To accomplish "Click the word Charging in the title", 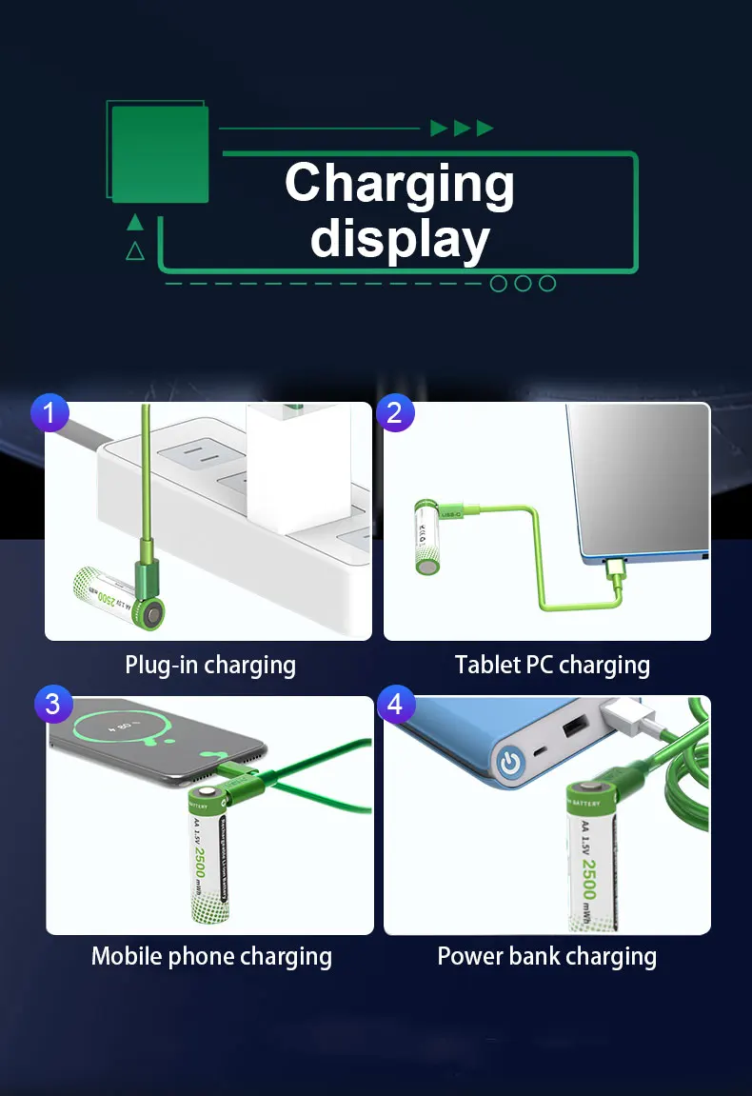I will coord(399,183).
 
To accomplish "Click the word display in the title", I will coord(400,238).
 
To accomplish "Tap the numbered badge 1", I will coord(50,412).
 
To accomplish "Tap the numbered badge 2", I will coord(395,412).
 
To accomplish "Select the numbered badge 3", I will coord(52,704).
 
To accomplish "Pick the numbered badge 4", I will coord(397,705).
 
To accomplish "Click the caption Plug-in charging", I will coord(210,665).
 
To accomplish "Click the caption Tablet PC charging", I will coord(552,665).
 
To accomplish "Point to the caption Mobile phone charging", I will coord(211,956).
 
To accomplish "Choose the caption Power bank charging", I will coord(546,956).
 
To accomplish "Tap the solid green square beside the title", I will coord(160,153).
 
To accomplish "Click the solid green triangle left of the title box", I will coord(135,223).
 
